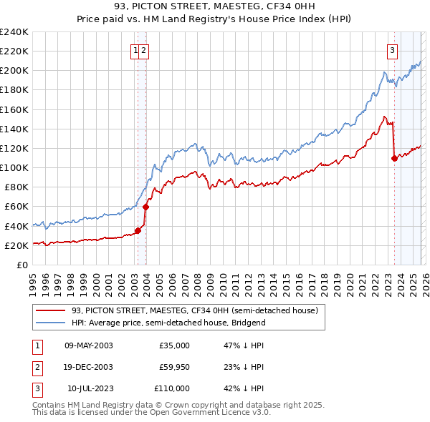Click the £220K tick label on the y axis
pos(14,51)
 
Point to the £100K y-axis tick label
pos(14,167)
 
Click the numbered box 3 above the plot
pos(393,50)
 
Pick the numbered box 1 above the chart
pos(135,50)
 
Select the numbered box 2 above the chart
pos(144,50)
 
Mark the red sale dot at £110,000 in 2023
pos(394,159)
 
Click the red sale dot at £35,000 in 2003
pos(138,230)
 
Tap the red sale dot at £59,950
pos(145,207)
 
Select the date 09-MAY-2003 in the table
pos(88,345)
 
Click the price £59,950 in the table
pos(174,367)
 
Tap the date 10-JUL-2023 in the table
pos(88,388)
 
